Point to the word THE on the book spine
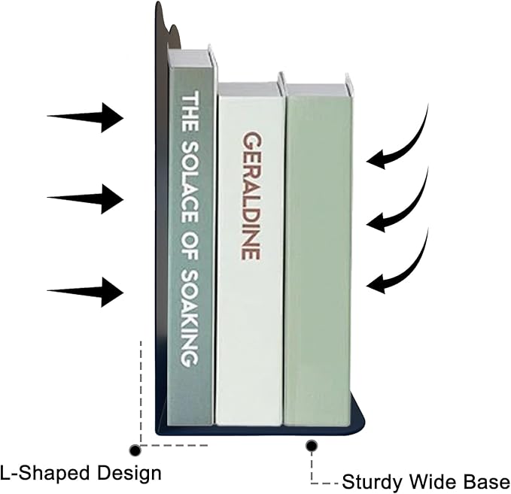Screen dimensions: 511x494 pyautogui.click(x=190, y=111)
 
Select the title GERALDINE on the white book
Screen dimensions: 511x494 pyautogui.click(x=251, y=195)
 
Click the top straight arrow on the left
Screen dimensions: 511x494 pyautogui.click(x=85, y=117)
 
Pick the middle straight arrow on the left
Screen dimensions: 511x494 pyautogui.click(x=85, y=199)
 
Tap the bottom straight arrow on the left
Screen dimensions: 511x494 pyautogui.click(x=85, y=292)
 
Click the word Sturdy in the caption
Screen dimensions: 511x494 pyautogui.click(x=372, y=482)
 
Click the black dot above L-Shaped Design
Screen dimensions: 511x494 pyautogui.click(x=135, y=450)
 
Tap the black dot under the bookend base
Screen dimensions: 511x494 pyautogui.click(x=312, y=445)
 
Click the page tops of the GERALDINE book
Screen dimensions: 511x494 pyautogui.click(x=249, y=89)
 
